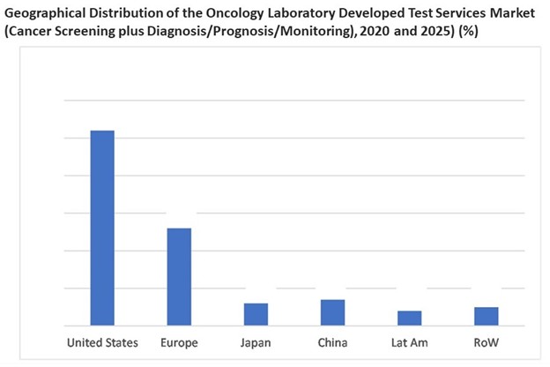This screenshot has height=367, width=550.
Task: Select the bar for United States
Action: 102,228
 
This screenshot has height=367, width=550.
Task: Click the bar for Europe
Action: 179,276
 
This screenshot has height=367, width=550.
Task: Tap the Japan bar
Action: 256,314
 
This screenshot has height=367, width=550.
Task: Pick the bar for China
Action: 332,312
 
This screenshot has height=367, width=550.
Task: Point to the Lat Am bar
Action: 409,318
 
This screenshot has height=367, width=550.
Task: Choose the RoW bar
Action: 486,316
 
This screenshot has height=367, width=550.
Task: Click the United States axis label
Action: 102,342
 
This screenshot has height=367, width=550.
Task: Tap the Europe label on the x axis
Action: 180,342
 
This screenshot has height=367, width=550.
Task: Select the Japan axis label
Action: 256,342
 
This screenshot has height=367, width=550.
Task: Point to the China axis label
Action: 332,342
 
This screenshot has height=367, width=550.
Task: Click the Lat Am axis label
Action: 409,342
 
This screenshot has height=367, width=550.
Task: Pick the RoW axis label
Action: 486,342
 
